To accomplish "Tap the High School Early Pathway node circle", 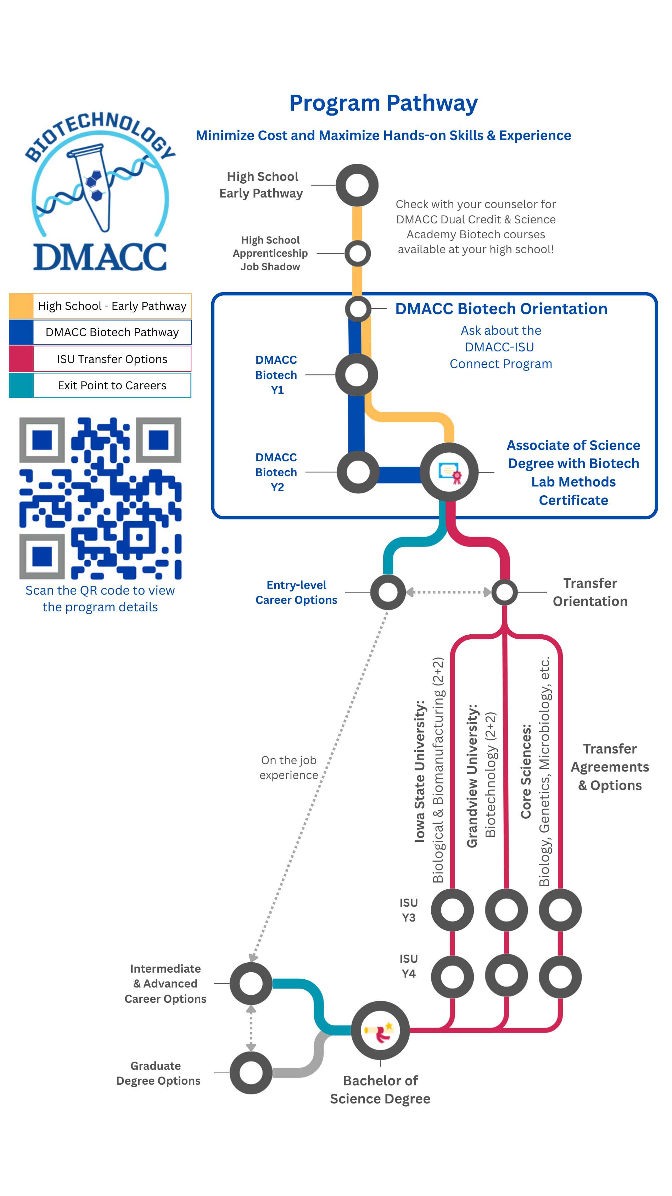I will pyautogui.click(x=357, y=185).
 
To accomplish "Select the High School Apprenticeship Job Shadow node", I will pyautogui.click(x=357, y=254).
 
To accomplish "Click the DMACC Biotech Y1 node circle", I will pyautogui.click(x=357, y=375).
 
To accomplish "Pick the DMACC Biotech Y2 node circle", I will pyautogui.click(x=358, y=472).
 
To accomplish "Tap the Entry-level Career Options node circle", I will pyautogui.click(x=388, y=592).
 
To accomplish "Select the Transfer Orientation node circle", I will pyautogui.click(x=504, y=592).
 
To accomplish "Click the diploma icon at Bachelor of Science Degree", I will pyautogui.click(x=380, y=1031).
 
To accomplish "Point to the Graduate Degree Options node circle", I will pyautogui.click(x=251, y=1073).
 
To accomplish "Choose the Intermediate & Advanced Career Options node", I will pyautogui.click(x=251, y=983).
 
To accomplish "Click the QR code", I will pyautogui.click(x=100, y=498).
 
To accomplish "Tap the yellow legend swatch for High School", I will pyautogui.click(x=21, y=306).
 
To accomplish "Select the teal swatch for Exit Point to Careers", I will pyautogui.click(x=21, y=385).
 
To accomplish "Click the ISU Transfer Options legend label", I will pyautogui.click(x=112, y=359).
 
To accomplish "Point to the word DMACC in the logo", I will pyautogui.click(x=100, y=257).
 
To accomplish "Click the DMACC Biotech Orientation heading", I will pyautogui.click(x=501, y=309).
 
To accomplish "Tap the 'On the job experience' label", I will pyautogui.click(x=289, y=767).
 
